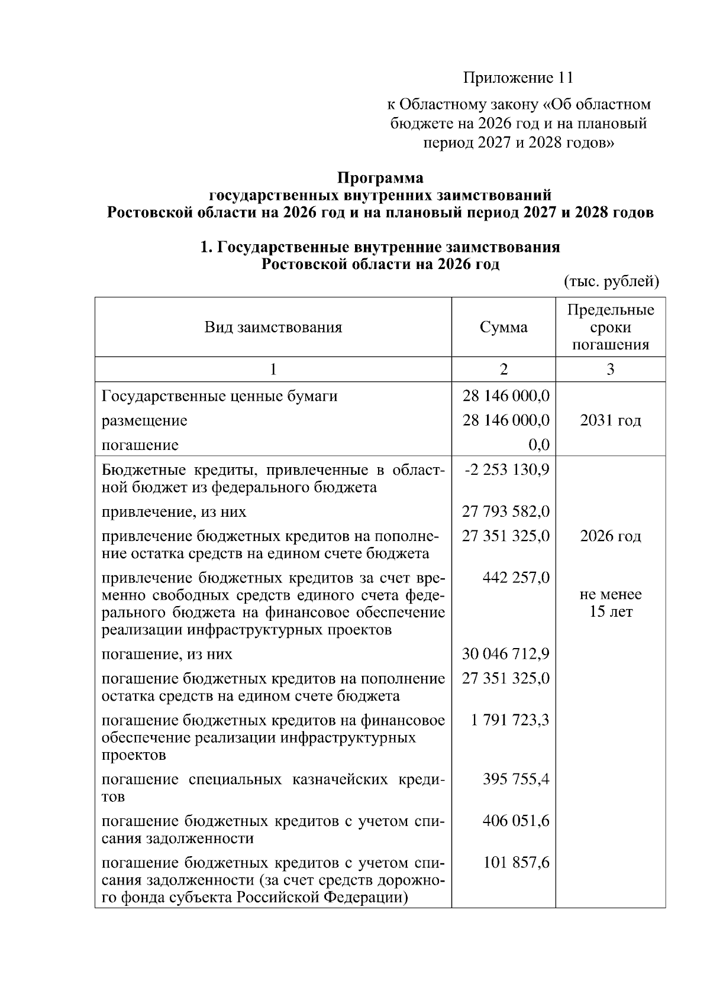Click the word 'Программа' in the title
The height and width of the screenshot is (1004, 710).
click(380, 177)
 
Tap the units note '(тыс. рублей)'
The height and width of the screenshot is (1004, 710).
click(611, 281)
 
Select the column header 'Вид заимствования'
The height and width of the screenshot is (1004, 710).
click(273, 328)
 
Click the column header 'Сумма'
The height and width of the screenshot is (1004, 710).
click(504, 328)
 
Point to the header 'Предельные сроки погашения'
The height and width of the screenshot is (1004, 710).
click(610, 328)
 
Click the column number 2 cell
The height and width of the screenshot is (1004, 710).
click(504, 370)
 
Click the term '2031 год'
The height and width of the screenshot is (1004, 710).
click(610, 420)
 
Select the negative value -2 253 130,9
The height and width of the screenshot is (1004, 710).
click(507, 469)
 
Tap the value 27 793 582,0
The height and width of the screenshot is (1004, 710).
click(506, 511)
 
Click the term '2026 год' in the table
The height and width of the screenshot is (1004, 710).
click(610, 536)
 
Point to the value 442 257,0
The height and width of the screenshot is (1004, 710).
click(516, 578)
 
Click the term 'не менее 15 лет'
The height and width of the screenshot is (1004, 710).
click(610, 603)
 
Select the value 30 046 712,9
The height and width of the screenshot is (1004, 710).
click(506, 654)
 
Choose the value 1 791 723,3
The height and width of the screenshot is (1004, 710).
click(510, 720)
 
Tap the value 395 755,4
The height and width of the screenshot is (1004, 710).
click(516, 779)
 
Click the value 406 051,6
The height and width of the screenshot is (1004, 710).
click(516, 821)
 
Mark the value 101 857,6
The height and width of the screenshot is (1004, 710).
click(516, 863)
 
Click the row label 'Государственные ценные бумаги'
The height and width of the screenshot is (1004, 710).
click(220, 396)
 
